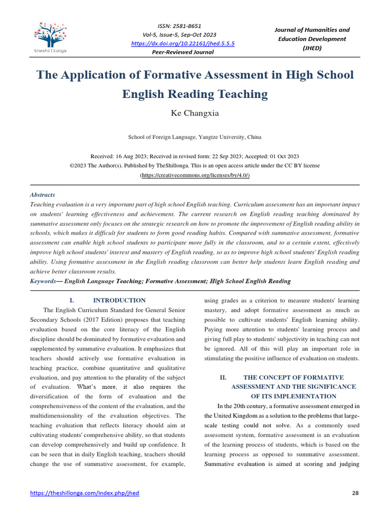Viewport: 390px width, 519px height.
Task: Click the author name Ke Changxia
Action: [194, 113]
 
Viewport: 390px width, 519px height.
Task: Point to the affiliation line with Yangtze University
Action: [194, 137]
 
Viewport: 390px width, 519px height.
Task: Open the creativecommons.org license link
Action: [194, 175]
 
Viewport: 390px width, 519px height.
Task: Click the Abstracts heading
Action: [43, 195]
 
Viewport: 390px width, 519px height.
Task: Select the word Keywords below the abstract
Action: [43, 281]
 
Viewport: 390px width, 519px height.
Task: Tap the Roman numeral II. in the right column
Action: [222, 378]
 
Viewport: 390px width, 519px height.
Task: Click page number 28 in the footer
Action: [355, 493]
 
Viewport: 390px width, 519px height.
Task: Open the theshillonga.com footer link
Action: [85, 493]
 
